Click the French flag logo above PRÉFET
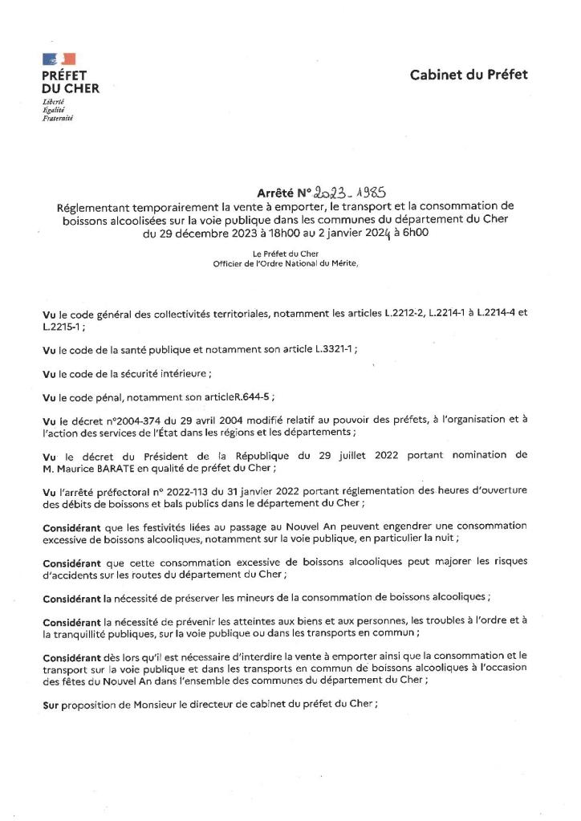tap(59, 58)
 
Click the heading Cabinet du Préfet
tap(469, 75)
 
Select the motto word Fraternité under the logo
tap(58, 118)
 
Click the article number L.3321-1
tap(331, 350)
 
